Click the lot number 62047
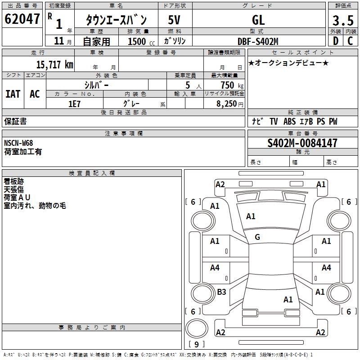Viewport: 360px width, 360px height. pyautogui.click(x=22, y=19)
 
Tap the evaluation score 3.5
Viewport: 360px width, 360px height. pyautogui.click(x=342, y=21)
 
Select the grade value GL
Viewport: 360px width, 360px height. pyautogui.click(x=258, y=20)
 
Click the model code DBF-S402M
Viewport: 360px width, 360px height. pyautogui.click(x=258, y=41)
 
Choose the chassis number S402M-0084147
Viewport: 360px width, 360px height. pyautogui.click(x=302, y=143)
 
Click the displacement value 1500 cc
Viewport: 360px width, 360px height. pyautogui.click(x=137, y=41)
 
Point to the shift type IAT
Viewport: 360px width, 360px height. pyautogui.click(x=13, y=94)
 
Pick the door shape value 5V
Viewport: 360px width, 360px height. pyautogui.click(x=175, y=20)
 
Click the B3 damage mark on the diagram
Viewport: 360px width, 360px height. pyautogui.click(x=221, y=292)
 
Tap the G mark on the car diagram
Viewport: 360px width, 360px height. pyautogui.click(x=257, y=237)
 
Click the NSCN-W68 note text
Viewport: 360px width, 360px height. pyautogui.click(x=18, y=143)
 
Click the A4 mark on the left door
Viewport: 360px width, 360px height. pyautogui.click(x=215, y=268)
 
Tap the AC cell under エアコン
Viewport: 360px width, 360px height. pyautogui.click(x=35, y=94)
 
